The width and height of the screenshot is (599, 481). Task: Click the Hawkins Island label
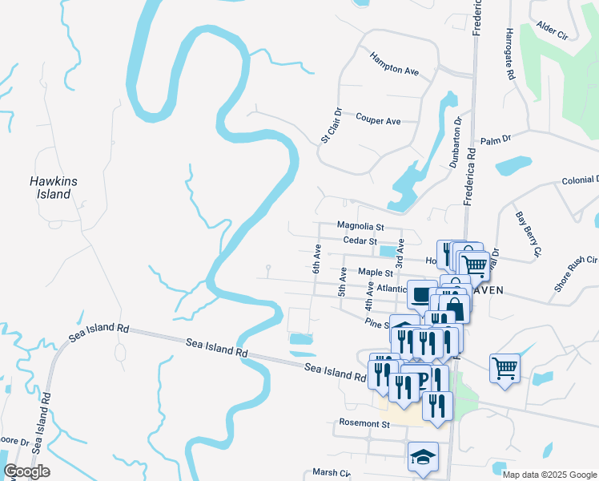tap(54, 188)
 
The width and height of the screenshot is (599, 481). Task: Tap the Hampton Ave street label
tap(395, 64)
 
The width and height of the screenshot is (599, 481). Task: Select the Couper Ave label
tap(378, 121)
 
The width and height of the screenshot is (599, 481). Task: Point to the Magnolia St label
tap(360, 227)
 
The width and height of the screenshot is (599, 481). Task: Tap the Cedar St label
tap(360, 240)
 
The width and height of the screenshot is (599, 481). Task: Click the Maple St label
tap(375, 273)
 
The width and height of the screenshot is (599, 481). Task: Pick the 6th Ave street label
tap(317, 259)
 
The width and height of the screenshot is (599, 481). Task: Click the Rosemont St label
tap(364, 423)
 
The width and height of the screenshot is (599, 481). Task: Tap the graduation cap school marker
tap(423, 457)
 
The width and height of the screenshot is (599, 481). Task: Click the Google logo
tap(26, 471)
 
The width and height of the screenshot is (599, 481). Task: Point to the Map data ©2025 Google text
tap(549, 475)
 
